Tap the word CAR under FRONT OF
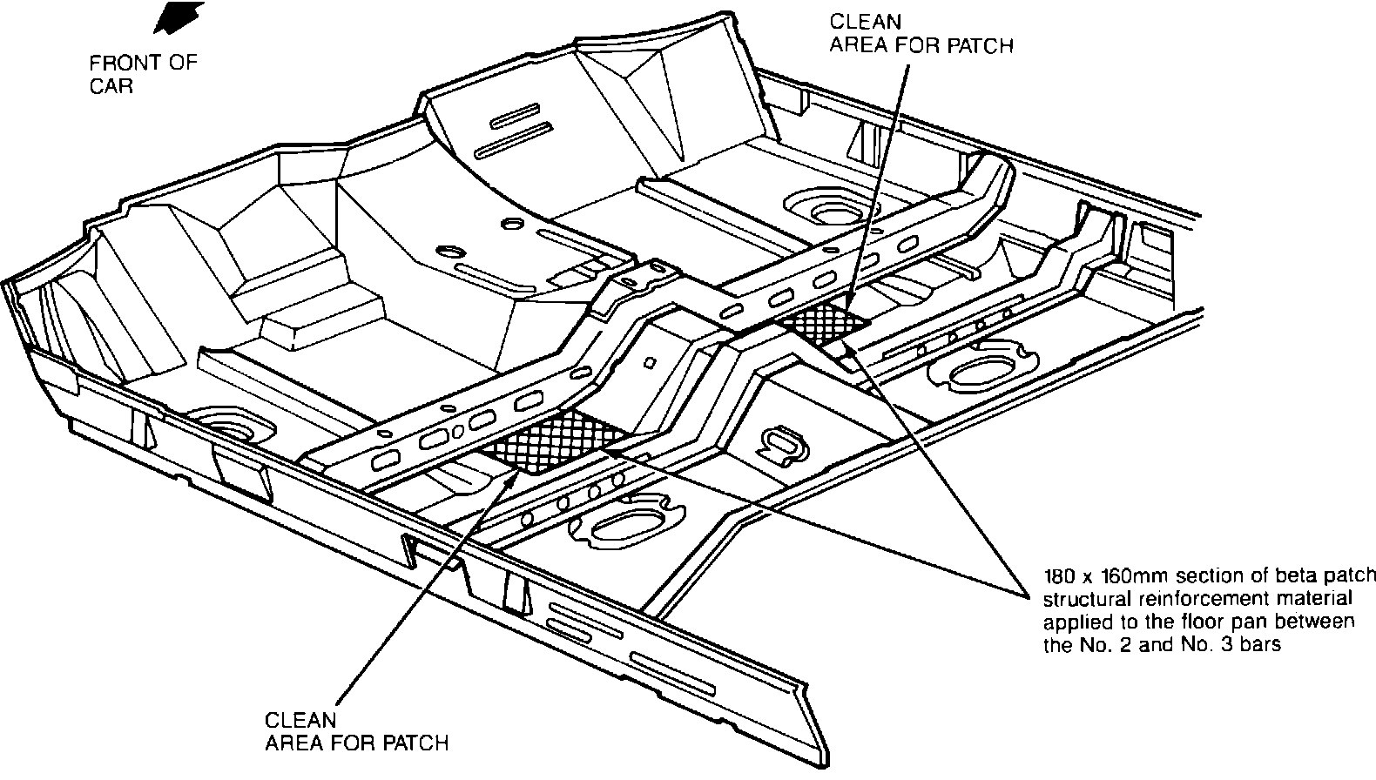(x=111, y=87)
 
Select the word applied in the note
(x=1073, y=622)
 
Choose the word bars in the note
(x=1259, y=646)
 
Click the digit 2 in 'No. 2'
(x=1120, y=646)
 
